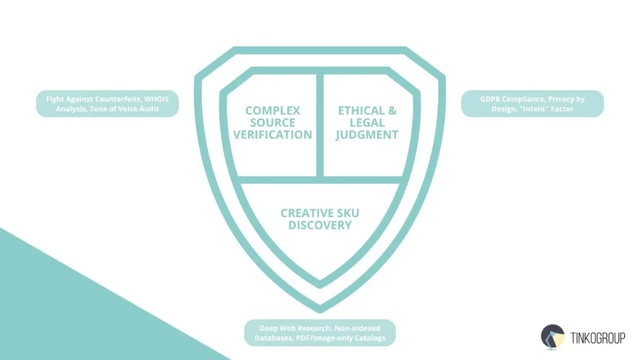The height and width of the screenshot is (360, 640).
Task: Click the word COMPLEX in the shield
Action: tap(272, 111)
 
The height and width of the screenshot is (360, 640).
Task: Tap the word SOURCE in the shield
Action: tap(272, 122)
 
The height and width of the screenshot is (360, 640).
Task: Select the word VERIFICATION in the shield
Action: tap(272, 134)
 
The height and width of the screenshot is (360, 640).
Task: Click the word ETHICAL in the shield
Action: tap(360, 111)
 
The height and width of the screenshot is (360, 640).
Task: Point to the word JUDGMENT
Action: tap(367, 134)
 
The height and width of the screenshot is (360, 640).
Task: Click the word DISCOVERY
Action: tap(320, 225)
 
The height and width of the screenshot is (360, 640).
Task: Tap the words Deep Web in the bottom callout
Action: tap(279, 328)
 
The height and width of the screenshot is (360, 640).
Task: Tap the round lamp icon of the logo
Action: tap(552, 336)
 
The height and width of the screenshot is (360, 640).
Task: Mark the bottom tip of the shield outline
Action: tap(320, 309)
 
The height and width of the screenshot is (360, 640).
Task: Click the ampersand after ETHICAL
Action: tap(391, 111)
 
